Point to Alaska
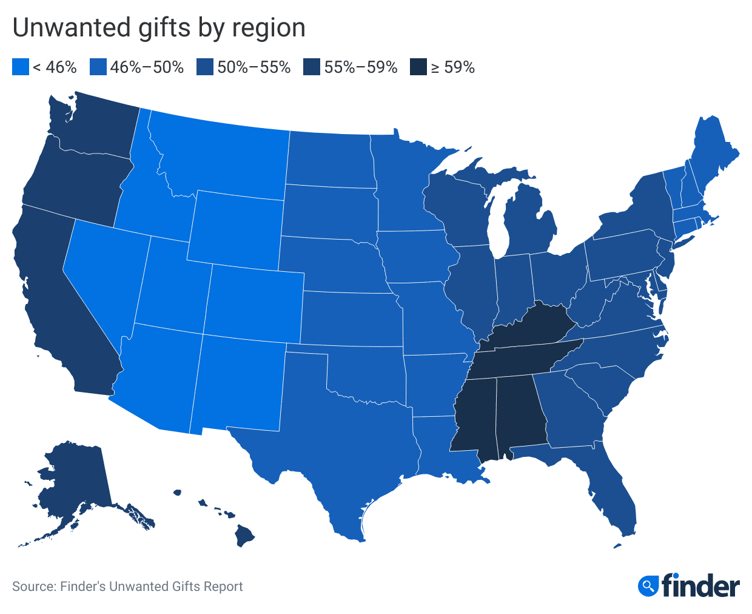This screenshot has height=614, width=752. [x=73, y=479]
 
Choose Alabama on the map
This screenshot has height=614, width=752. [x=519, y=413]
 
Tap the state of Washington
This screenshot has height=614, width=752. [x=97, y=127]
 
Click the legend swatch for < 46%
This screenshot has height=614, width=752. [x=21, y=67]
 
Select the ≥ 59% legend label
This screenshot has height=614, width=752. [x=452, y=67]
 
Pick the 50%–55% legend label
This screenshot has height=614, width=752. [x=254, y=67]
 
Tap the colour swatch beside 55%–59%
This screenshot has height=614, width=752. [x=312, y=67]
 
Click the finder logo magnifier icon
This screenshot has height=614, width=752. [x=648, y=585]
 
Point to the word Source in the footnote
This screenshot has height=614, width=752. [x=32, y=587]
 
